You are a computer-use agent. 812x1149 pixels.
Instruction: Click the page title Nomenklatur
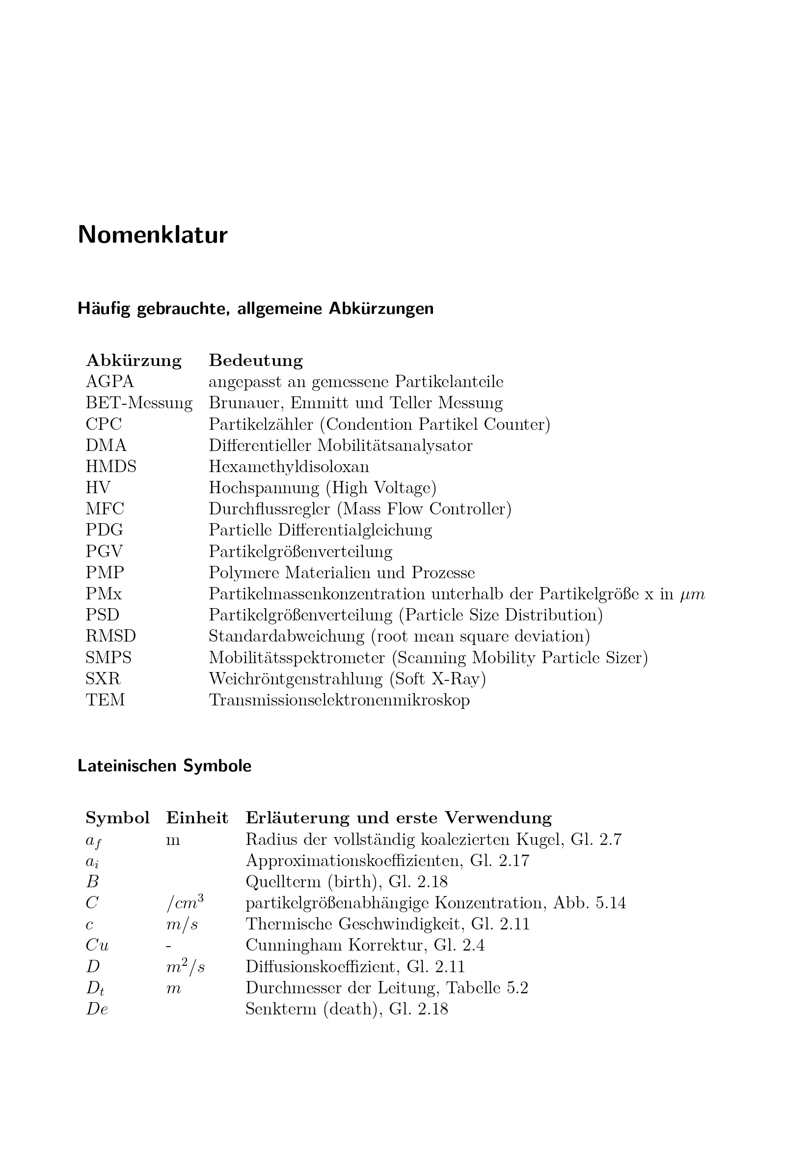pos(153,235)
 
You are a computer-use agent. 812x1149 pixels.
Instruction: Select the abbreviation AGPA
pos(110,382)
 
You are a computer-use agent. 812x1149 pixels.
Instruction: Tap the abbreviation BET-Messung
pos(139,403)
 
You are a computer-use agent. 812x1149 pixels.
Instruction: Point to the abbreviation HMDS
pos(111,466)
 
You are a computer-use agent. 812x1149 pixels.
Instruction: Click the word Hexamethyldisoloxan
pos(289,466)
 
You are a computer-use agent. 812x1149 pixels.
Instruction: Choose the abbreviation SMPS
pos(108,657)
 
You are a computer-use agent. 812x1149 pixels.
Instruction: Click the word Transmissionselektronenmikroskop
pos(339,700)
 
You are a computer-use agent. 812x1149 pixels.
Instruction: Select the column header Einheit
pos(197,818)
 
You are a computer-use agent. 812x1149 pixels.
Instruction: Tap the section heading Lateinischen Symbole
pos(164,766)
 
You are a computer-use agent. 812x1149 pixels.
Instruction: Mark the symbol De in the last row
pos(97,1009)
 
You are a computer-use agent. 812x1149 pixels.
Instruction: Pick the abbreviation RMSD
pos(111,636)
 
